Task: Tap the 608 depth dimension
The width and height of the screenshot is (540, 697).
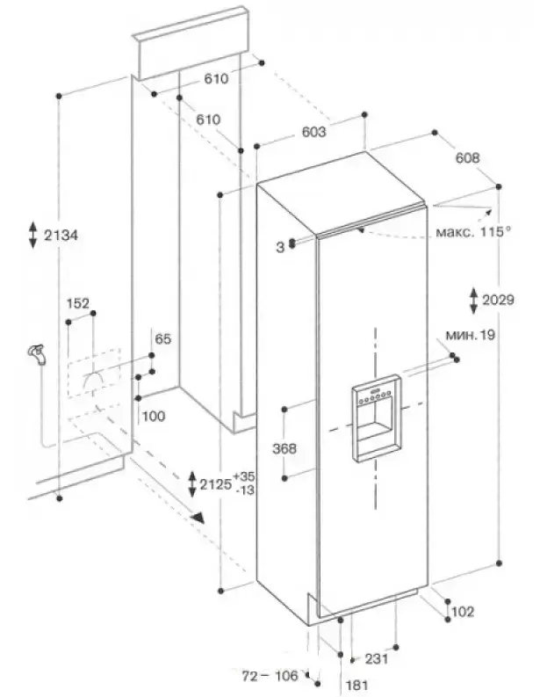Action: [468, 159]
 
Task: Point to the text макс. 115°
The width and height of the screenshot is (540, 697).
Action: [474, 233]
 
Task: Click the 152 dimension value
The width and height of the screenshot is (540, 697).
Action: [79, 303]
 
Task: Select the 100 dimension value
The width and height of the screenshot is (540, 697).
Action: [153, 416]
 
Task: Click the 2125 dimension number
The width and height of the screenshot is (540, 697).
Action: [216, 483]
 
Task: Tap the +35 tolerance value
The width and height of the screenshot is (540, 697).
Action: [245, 476]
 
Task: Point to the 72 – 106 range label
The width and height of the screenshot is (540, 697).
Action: [270, 675]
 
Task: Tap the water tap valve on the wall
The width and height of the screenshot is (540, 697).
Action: [36, 355]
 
